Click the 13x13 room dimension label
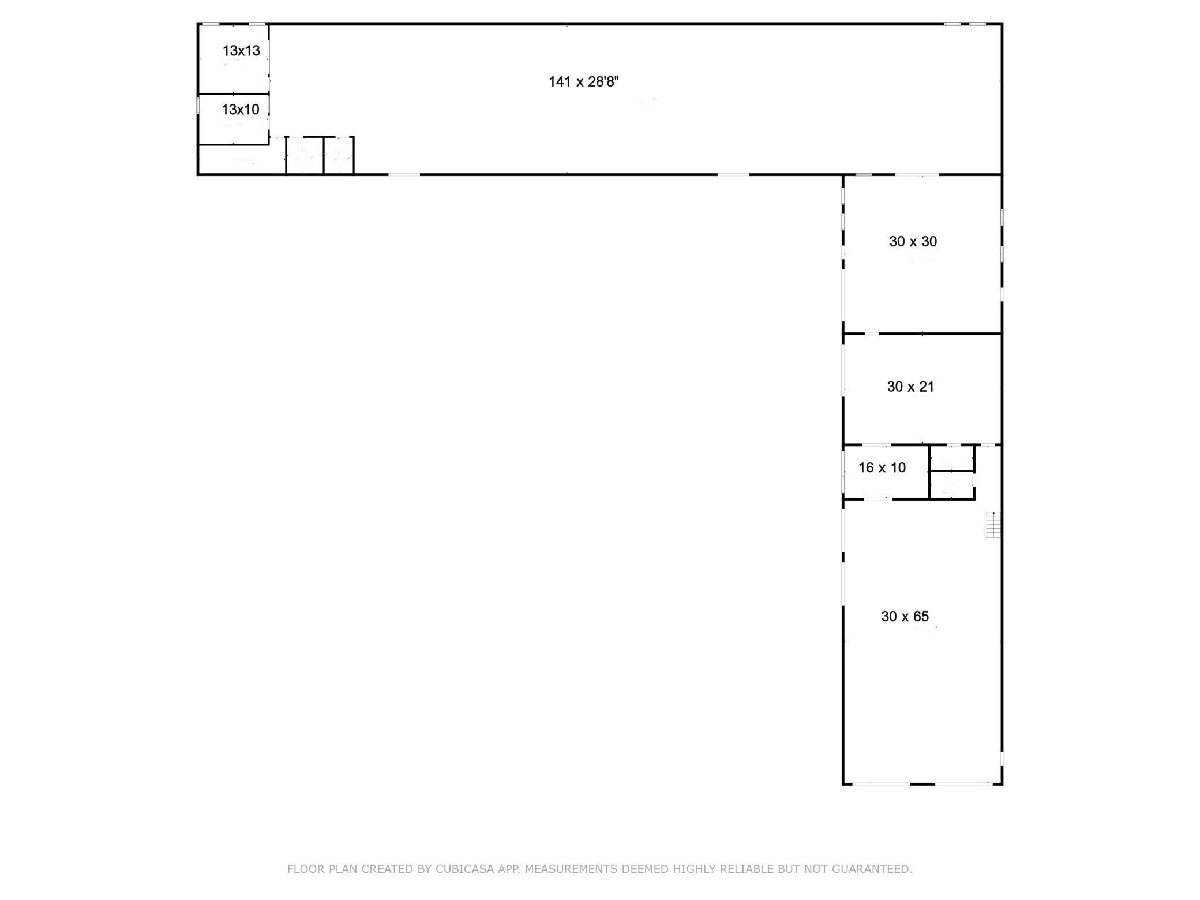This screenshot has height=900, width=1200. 241,51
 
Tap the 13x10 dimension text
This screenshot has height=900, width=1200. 240,109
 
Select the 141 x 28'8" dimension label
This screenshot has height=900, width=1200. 583,82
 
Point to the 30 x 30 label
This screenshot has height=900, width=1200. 913,242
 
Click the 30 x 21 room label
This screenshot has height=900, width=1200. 910,387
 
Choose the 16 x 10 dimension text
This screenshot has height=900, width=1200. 882,468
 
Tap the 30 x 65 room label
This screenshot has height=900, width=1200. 905,617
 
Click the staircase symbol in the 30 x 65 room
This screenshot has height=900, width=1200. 992,524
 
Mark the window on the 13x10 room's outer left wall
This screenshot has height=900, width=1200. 198,104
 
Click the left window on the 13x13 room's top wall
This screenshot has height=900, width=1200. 211,24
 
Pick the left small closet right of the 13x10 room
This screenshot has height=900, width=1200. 305,155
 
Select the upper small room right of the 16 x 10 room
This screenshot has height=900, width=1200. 951,459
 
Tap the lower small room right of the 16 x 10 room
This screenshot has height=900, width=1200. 951,485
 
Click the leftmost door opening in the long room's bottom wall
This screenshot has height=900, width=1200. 404,174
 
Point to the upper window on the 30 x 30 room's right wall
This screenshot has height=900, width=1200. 1002,217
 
